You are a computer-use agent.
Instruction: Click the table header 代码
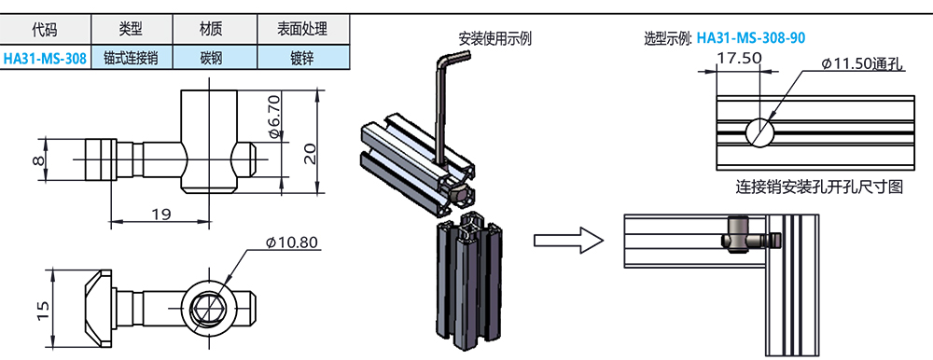click(45, 29)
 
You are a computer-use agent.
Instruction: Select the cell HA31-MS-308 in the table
click(45, 58)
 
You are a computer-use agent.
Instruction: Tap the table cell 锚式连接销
click(131, 58)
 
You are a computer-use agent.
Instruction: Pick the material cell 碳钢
click(214, 58)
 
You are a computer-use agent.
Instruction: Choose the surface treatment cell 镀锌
click(302, 58)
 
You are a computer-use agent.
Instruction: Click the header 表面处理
click(302, 29)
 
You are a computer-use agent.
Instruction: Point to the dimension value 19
click(159, 214)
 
